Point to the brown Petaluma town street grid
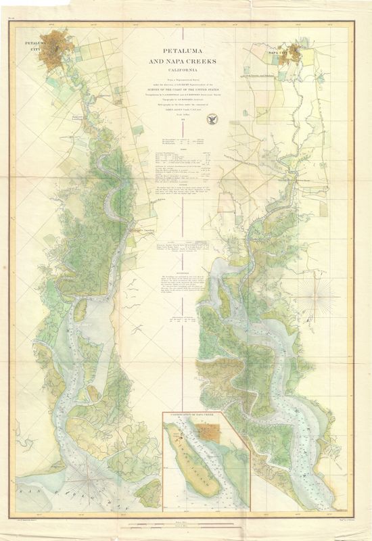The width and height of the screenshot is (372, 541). point(64,51)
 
